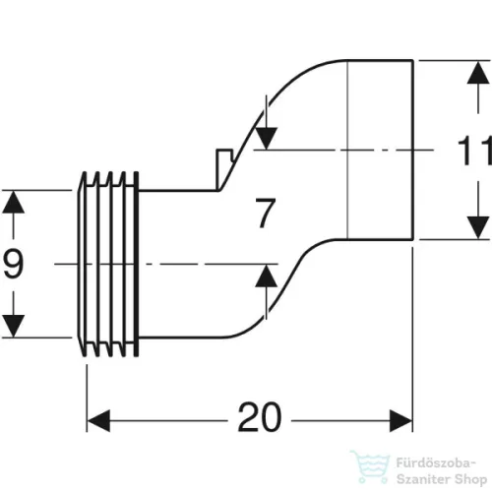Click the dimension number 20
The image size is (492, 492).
point(260,417)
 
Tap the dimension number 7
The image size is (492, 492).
point(266,213)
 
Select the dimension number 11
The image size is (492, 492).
point(474,151)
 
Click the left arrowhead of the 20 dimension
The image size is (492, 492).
point(98,421)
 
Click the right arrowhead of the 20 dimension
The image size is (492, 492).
point(400,421)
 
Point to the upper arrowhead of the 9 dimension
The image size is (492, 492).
point(13,203)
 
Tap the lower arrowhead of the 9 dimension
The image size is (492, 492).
point(13,326)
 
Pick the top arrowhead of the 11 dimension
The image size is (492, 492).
point(478,73)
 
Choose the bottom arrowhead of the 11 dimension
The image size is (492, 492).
point(478,227)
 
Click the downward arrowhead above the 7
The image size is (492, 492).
point(267,139)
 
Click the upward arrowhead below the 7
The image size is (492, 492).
point(267,276)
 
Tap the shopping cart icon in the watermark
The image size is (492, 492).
point(370,466)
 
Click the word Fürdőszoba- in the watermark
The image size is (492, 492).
point(436,463)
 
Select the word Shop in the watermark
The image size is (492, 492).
point(470,480)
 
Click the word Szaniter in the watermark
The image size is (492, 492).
point(423,479)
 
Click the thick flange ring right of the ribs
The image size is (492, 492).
point(136,264)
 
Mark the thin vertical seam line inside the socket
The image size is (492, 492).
point(347,150)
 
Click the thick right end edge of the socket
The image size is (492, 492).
point(412,150)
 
